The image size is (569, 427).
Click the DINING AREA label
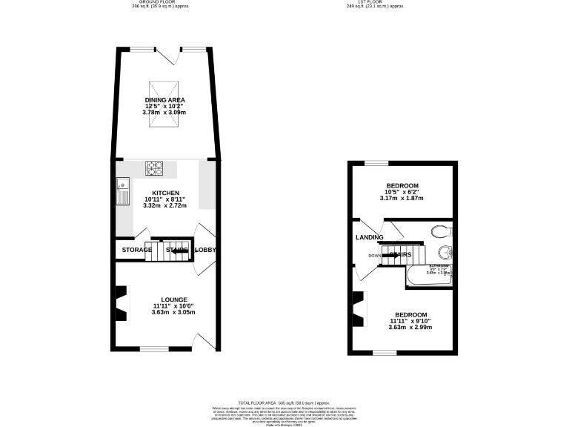(164, 99)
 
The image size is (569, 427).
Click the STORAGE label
(137, 250)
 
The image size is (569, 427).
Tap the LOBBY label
(205, 250)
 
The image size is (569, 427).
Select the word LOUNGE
(164, 299)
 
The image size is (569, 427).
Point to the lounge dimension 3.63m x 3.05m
(164, 313)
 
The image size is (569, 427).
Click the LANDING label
(369, 237)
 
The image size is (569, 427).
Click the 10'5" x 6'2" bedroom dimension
(402, 191)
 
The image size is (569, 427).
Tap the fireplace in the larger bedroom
(359, 308)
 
